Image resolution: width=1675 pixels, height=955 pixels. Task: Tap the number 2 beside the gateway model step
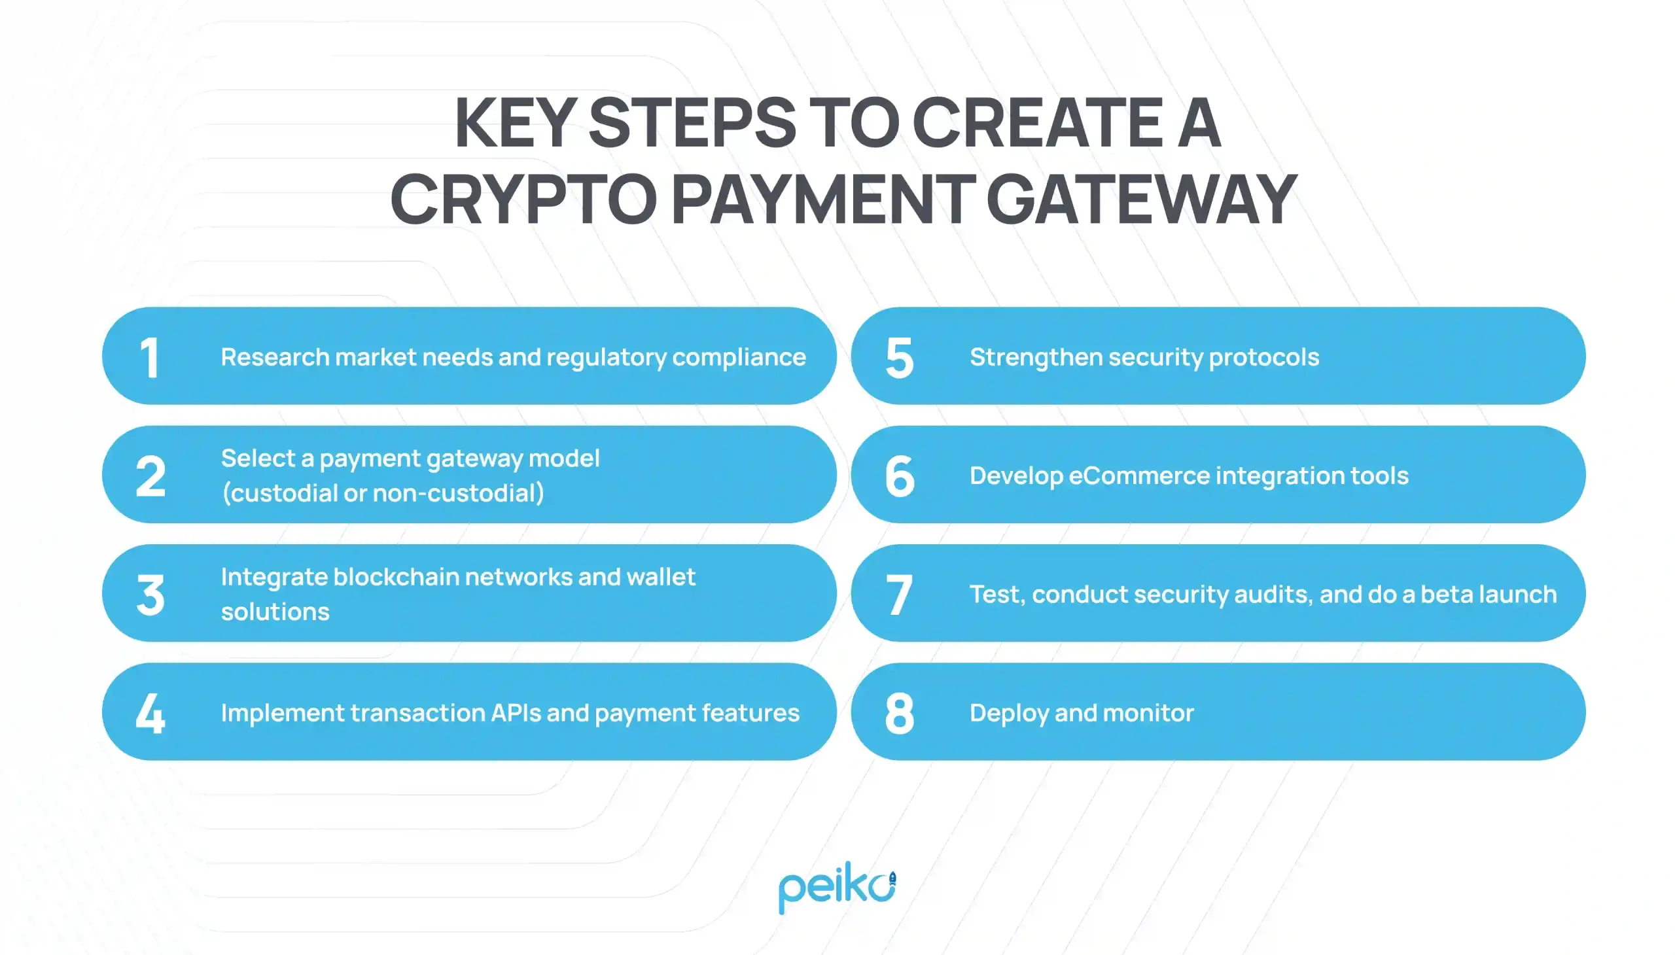pos(150,476)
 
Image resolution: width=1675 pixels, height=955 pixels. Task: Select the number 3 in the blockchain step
pos(150,595)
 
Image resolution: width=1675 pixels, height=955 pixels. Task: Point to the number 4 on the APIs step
pos(150,713)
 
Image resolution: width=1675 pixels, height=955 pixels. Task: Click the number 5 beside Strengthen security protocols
pos(899,357)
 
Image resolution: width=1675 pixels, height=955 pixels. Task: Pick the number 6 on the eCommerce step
pos(899,476)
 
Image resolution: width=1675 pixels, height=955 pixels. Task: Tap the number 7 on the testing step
pos(899,595)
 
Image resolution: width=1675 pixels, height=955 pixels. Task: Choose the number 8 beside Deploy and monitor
pos(899,713)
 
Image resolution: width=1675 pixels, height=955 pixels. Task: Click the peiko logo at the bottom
pos(837,887)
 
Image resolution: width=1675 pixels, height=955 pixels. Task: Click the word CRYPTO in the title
pos(523,199)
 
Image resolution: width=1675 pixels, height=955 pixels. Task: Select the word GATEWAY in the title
pos(1142,199)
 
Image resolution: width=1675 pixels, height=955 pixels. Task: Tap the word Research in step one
pos(275,356)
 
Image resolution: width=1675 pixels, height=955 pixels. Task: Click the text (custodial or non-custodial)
pos(383,493)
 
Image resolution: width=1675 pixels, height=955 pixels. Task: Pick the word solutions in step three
pos(275,612)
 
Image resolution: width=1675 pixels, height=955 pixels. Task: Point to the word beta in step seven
pos(1443,594)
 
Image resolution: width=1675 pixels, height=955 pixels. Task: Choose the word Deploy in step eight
pos(1008,713)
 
